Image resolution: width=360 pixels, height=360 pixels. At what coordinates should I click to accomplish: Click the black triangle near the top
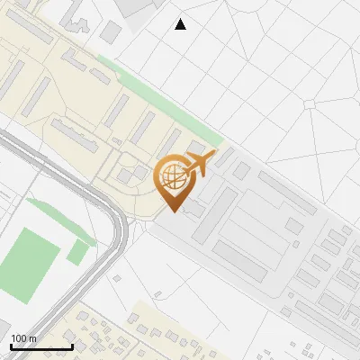(180, 24)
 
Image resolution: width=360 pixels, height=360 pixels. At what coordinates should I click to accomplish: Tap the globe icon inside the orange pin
(172, 177)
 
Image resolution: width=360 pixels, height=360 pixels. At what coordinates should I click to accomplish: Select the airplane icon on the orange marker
(200, 165)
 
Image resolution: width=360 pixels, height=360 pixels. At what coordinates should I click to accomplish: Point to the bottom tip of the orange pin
(173, 211)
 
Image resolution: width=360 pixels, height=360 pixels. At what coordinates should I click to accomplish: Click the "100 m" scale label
(23, 338)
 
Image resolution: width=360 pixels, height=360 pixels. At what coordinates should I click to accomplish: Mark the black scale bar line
(41, 346)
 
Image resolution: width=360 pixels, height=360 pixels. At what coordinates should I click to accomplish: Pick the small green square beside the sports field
(78, 252)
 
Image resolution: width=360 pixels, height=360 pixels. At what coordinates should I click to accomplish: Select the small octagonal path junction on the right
(310, 104)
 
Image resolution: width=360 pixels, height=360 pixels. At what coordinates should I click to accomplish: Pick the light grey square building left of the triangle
(111, 32)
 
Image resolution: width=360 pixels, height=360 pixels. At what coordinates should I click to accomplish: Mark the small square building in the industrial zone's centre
(294, 225)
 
